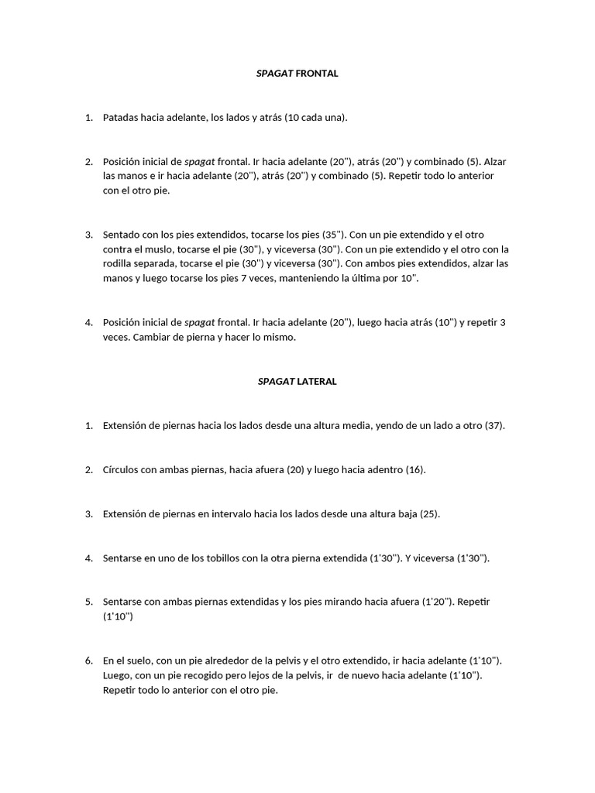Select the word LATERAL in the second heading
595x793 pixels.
point(318,382)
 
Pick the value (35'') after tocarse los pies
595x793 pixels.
point(329,234)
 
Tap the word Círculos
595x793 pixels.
point(122,470)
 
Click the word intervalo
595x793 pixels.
point(266,513)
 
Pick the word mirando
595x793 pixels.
point(326,602)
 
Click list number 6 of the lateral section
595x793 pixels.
point(88,661)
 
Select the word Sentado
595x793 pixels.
point(122,234)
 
